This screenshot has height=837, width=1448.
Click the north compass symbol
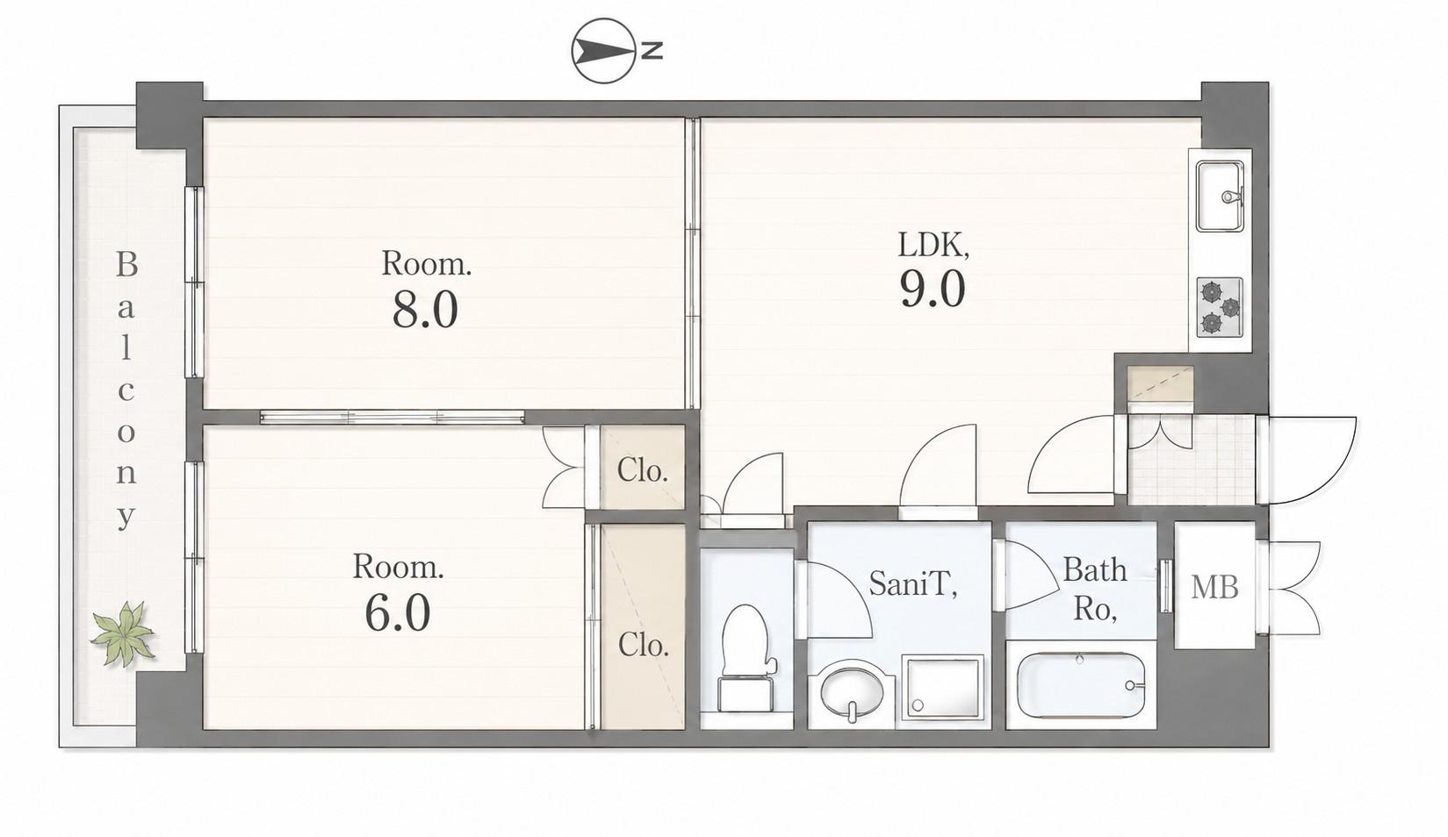tap(602, 51)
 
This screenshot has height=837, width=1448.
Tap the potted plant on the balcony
tap(123, 633)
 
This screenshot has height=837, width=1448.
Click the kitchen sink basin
tap(1220, 197)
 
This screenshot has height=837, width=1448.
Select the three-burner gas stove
tap(1220, 307)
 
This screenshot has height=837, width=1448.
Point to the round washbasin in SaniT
tap(852, 692)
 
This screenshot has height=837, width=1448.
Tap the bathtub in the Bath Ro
tap(1081, 685)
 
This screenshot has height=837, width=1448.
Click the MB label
tap(1214, 587)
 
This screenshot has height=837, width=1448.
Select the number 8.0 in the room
tap(425, 310)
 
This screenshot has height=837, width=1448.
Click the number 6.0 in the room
tap(397, 613)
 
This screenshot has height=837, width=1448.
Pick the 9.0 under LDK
tap(933, 288)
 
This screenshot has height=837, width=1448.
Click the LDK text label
tap(933, 245)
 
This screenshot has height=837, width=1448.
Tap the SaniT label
tap(912, 583)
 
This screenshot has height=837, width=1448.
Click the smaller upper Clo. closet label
tap(642, 470)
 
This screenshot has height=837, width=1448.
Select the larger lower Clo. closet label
tap(643, 644)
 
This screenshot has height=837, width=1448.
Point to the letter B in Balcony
tap(126, 265)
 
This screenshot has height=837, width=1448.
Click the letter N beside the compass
tap(652, 50)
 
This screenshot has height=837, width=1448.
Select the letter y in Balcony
tap(126, 518)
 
